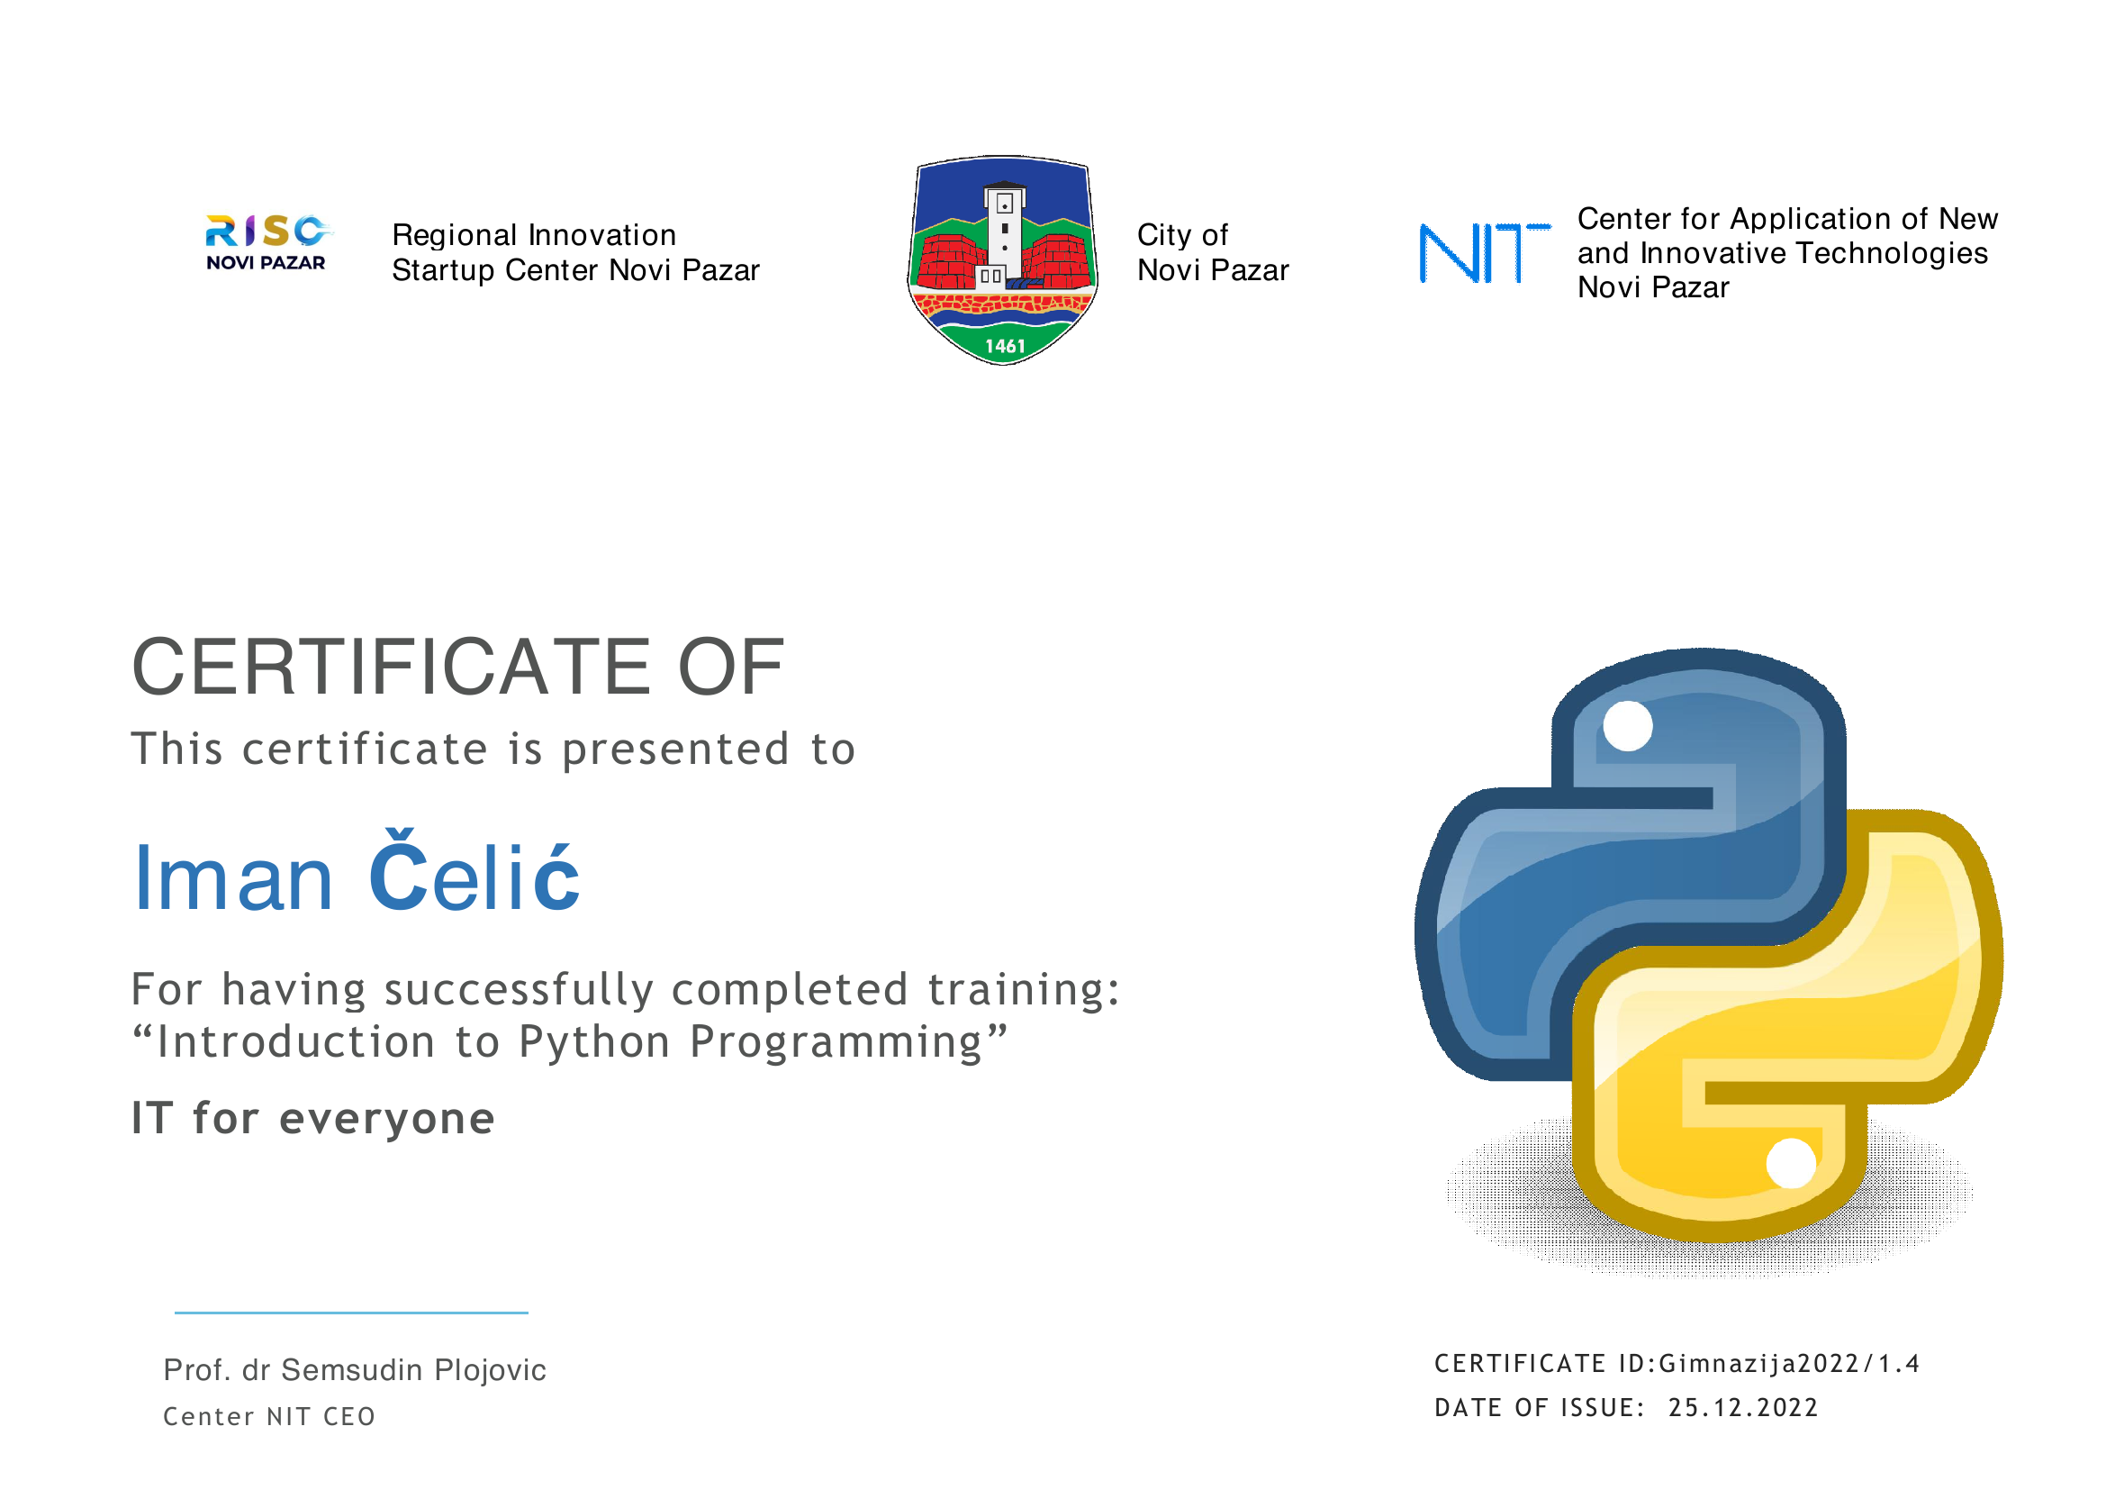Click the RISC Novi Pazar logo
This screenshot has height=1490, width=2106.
coord(267,243)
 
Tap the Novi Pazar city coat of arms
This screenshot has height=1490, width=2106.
coord(1002,260)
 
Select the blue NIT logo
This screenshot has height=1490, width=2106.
coord(1484,252)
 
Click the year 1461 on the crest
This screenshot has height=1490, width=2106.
coord(1006,347)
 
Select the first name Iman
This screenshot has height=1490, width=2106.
coord(233,878)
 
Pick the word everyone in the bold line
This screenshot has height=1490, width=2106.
coord(387,1121)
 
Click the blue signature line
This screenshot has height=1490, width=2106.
coord(351,1313)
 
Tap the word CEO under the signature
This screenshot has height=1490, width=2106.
coord(348,1418)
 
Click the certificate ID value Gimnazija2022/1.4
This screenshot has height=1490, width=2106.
coord(1789,1364)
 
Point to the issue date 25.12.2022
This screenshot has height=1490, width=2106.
coord(1743,1408)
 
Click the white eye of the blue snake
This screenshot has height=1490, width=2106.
coord(1628,726)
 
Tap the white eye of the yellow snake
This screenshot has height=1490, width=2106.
coord(1792,1163)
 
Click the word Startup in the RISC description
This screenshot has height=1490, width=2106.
coord(444,271)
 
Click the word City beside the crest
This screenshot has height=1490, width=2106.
coord(1165,236)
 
